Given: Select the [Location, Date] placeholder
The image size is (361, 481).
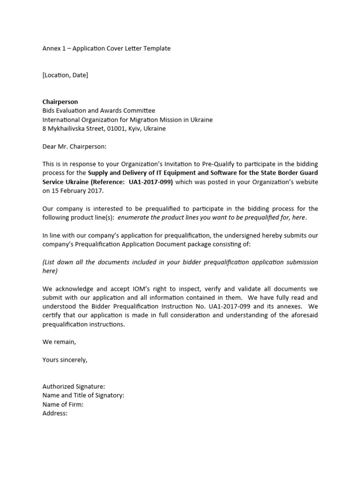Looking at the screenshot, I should click(x=65, y=75).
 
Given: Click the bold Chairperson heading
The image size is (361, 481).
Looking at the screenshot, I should click(x=60, y=101).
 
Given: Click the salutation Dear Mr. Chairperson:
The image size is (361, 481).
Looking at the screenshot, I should click(x=75, y=146).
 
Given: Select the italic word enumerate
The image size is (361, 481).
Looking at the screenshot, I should click(x=135, y=217).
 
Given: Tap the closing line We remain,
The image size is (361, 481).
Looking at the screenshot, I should click(x=59, y=342).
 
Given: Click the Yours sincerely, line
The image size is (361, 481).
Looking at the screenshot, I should click(x=65, y=360).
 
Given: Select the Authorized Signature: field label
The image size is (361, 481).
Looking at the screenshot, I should click(x=74, y=387).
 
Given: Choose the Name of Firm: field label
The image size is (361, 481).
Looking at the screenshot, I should click(x=63, y=404).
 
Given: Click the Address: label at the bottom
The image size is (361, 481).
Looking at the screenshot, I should click(x=55, y=413).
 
